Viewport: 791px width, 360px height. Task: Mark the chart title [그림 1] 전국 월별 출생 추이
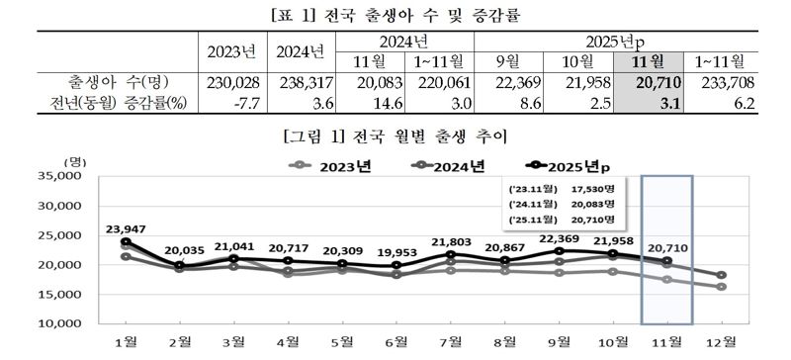pyautogui.click(x=395, y=134)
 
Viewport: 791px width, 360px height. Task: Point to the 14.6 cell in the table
pyautogui.click(x=375, y=102)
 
